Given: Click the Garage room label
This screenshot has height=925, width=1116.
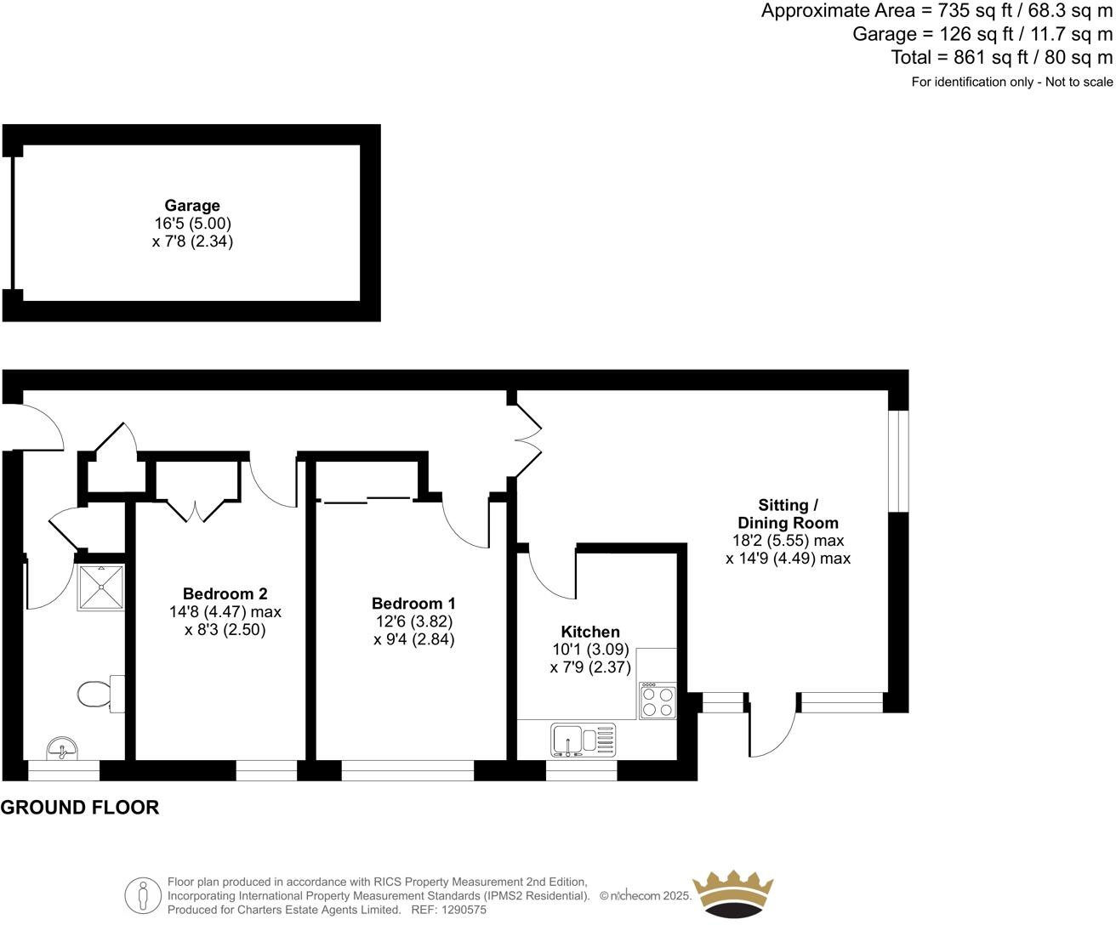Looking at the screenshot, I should pyautogui.click(x=192, y=206).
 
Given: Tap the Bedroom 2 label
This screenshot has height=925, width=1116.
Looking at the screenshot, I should pyautogui.click(x=225, y=593).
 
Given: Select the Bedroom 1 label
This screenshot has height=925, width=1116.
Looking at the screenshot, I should pyautogui.click(x=413, y=604).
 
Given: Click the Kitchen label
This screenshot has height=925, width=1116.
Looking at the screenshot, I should pyautogui.click(x=590, y=632).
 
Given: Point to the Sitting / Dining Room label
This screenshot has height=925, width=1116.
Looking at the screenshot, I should pyautogui.click(x=788, y=514).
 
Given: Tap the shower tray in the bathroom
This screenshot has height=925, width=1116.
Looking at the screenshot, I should pyautogui.click(x=101, y=587).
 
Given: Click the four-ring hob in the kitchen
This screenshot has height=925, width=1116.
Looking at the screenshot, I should pyautogui.click(x=657, y=701).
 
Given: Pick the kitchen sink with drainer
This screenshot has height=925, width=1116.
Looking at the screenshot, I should pyautogui.click(x=583, y=739).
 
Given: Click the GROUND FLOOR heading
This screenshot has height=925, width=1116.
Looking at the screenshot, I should pyautogui.click(x=80, y=808).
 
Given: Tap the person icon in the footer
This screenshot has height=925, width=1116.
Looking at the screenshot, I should pyautogui.click(x=143, y=895).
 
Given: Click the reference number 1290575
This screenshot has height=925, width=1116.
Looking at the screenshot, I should pyautogui.click(x=460, y=910).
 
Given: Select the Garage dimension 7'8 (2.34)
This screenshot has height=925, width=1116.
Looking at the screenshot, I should pyautogui.click(x=192, y=241).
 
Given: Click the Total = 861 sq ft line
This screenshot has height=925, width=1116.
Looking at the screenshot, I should pyautogui.click(x=1001, y=58).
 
